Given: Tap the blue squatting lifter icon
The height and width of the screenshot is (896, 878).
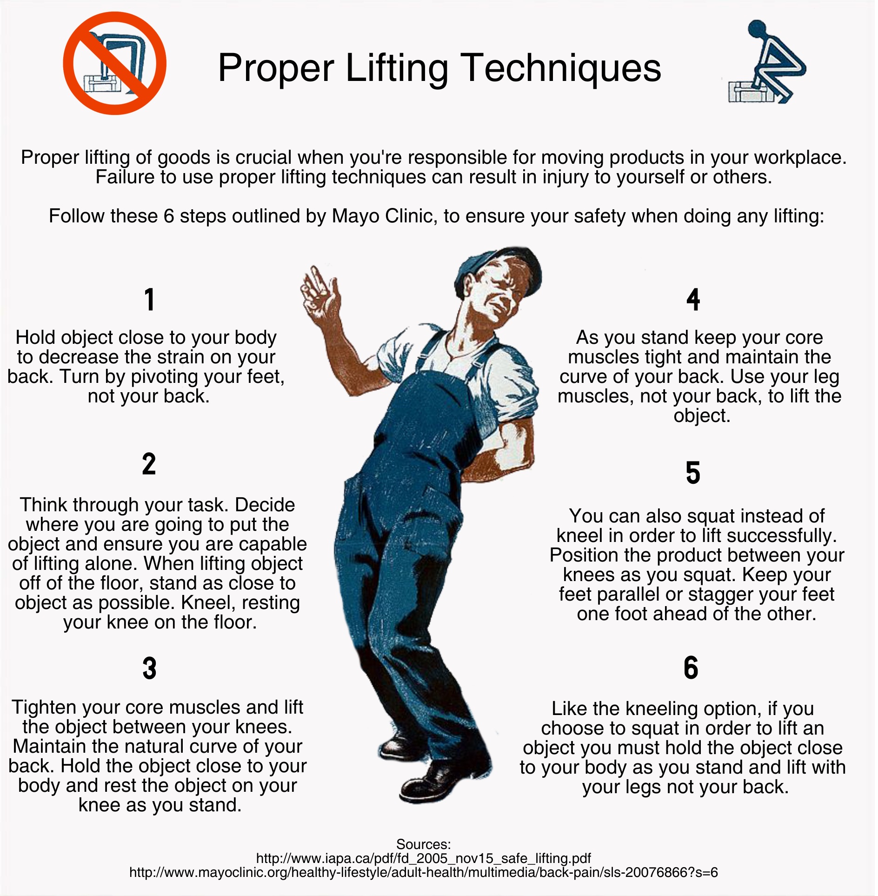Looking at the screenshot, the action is [x=766, y=62].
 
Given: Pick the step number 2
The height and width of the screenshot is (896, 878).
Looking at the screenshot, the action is [x=149, y=464].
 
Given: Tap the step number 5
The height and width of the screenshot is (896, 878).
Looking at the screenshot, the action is [x=693, y=473].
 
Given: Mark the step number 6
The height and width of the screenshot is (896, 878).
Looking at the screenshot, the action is [x=691, y=668].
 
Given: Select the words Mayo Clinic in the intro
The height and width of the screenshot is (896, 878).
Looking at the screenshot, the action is [x=381, y=216].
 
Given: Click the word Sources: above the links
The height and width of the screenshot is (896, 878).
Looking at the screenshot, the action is [x=424, y=844].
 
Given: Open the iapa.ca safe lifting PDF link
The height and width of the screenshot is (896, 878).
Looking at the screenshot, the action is [x=424, y=858].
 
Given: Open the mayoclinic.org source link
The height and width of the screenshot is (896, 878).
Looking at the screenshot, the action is [x=424, y=872].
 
